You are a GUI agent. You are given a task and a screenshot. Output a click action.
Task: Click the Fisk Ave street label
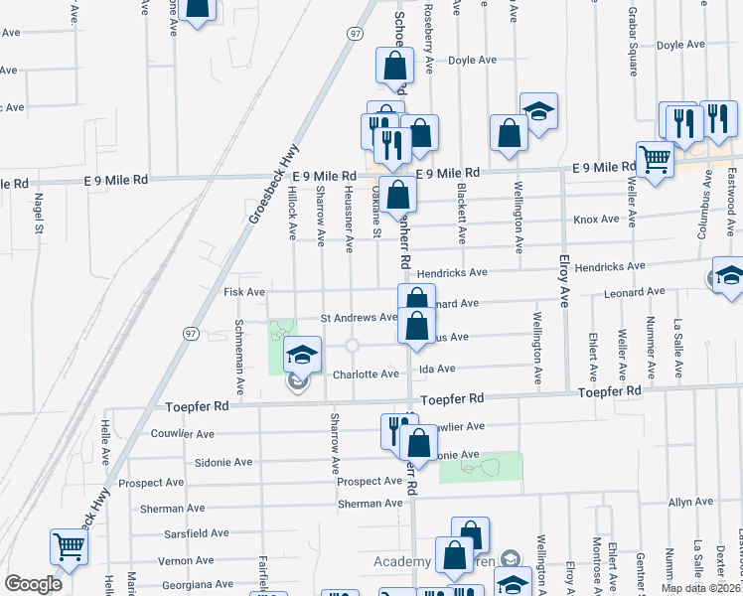(x=243, y=292)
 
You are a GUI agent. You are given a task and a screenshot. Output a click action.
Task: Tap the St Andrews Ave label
(x=359, y=318)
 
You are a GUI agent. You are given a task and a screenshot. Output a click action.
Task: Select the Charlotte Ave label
(x=366, y=374)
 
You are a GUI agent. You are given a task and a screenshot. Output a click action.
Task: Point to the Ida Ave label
(x=437, y=369)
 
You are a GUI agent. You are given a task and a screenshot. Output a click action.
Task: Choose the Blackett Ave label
(x=463, y=214)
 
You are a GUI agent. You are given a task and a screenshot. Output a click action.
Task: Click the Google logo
(x=33, y=584)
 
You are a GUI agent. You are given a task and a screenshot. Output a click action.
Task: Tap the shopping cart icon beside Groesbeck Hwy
(x=69, y=545)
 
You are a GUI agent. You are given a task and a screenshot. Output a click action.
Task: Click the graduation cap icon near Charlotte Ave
(x=303, y=353)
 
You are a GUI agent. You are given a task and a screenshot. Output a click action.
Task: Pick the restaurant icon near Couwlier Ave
(x=394, y=429)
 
